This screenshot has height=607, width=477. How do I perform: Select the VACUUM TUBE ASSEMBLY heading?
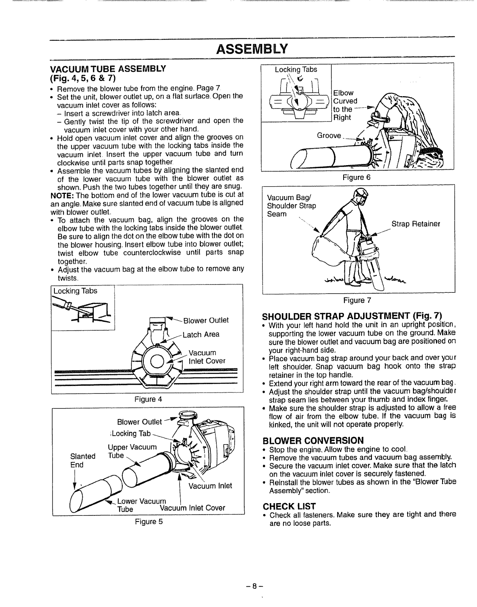[x=108, y=69]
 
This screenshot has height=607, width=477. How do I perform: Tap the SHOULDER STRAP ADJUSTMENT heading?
[x=352, y=317]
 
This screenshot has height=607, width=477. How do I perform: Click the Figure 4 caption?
[x=148, y=399]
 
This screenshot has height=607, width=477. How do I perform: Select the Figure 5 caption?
[x=148, y=522]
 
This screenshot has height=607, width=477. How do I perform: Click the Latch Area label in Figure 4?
[x=201, y=335]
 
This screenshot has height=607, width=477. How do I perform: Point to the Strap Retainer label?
[x=416, y=223]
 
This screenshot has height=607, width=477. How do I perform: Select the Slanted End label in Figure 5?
[x=83, y=460]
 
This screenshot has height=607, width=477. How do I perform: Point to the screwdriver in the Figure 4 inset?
[x=69, y=306]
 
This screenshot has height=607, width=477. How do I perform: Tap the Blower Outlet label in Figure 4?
[x=206, y=320]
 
